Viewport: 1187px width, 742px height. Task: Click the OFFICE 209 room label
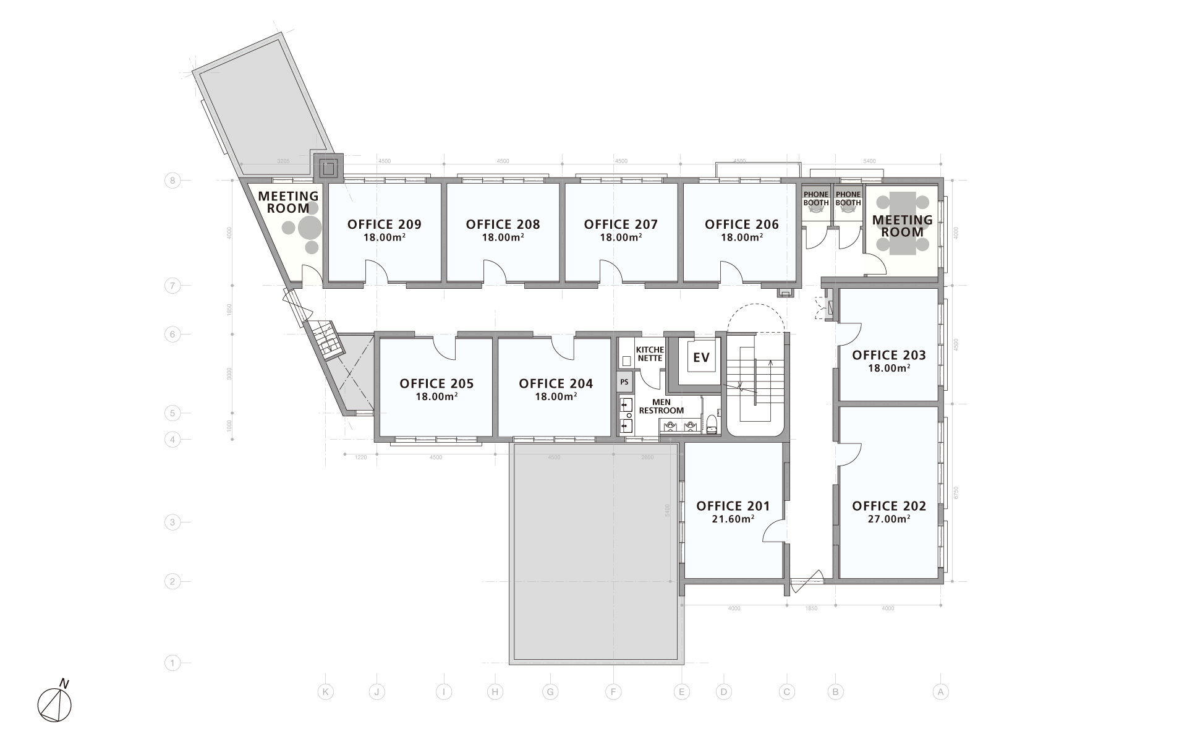pyautogui.click(x=384, y=224)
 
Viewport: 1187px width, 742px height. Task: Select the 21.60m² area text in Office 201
pyautogui.click(x=733, y=519)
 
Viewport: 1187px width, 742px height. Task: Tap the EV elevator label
pyautogui.click(x=701, y=358)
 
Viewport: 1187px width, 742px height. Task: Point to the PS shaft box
pyautogui.click(x=624, y=382)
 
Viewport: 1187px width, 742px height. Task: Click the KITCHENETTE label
pyautogui.click(x=649, y=354)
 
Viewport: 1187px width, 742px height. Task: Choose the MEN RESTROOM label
pyautogui.click(x=661, y=407)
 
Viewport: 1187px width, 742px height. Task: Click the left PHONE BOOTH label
pyautogui.click(x=815, y=198)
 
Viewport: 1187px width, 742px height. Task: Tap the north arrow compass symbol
pyautogui.click(x=54, y=704)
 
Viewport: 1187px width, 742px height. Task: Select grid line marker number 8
pyautogui.click(x=172, y=181)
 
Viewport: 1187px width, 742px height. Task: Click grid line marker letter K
pyautogui.click(x=325, y=692)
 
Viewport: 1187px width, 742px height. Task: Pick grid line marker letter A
pyautogui.click(x=940, y=692)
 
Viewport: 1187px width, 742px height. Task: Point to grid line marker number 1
pyautogui.click(x=172, y=663)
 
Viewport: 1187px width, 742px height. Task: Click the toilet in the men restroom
pyautogui.click(x=712, y=425)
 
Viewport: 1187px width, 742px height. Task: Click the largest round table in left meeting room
pyautogui.click(x=310, y=228)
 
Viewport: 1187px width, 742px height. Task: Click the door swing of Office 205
pyautogui.click(x=444, y=348)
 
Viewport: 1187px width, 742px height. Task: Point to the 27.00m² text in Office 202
pyautogui.click(x=888, y=519)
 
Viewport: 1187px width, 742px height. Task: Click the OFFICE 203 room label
pyautogui.click(x=888, y=355)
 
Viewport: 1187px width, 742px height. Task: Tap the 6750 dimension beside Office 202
pyautogui.click(x=956, y=493)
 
